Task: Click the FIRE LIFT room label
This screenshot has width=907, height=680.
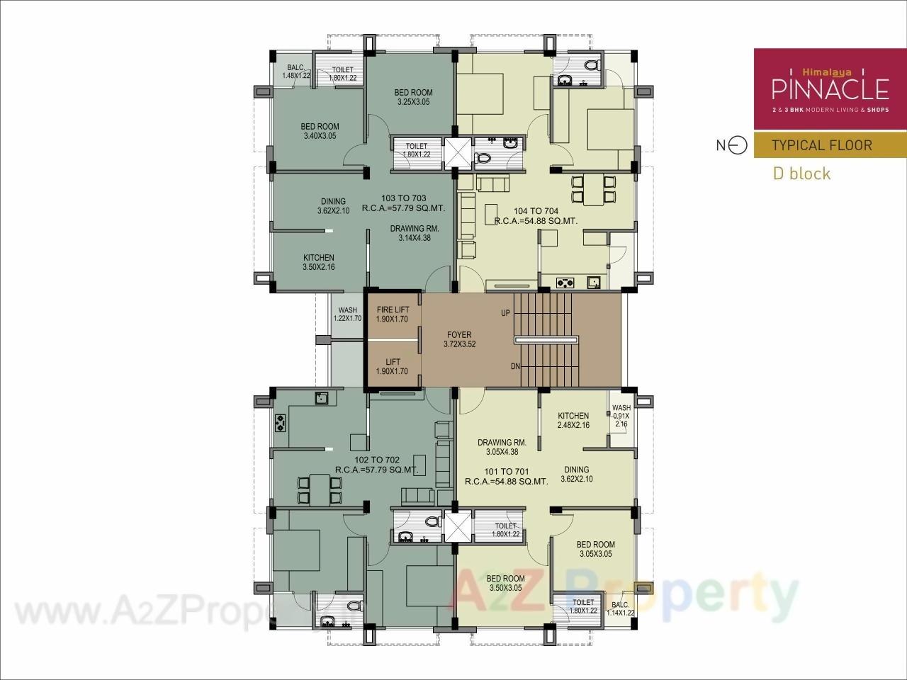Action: (x=393, y=314)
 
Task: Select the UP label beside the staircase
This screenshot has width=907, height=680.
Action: (x=505, y=313)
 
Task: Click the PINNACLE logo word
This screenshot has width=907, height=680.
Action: (x=829, y=89)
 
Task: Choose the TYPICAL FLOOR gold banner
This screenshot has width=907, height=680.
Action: (x=829, y=145)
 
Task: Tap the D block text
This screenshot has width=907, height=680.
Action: (x=801, y=174)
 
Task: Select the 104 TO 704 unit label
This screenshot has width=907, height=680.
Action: (x=526, y=211)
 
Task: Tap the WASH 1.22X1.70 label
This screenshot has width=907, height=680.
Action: (x=347, y=314)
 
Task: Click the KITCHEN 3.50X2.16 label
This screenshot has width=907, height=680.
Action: (x=318, y=262)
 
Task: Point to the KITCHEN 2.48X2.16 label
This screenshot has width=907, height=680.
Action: (x=573, y=420)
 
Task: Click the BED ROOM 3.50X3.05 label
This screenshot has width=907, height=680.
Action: (x=506, y=582)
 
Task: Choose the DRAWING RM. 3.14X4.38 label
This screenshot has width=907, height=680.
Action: (x=414, y=233)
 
